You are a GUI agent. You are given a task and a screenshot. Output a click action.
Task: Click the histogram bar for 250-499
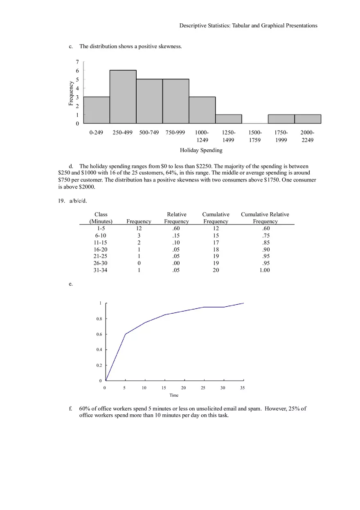coord(123,97)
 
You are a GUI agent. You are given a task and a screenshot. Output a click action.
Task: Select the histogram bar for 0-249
coord(97,110)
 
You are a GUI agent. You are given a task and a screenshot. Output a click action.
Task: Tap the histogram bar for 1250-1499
coord(228,119)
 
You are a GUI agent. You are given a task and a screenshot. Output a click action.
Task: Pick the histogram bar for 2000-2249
coord(308,119)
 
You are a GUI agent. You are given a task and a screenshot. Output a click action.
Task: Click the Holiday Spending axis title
coord(201,150)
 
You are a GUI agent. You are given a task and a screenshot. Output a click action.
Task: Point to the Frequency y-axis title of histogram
coord(71,94)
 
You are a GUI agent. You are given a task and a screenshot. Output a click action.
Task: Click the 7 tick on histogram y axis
coord(77,62)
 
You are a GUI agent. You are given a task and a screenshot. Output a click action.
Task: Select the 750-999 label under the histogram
coord(175,133)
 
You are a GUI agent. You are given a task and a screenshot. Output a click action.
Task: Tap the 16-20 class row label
coord(101,249)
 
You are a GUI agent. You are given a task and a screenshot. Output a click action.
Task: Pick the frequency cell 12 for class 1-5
coord(139,229)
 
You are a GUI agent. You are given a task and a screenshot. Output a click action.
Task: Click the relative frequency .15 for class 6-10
coord(176,236)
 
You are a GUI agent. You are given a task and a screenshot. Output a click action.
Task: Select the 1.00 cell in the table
coord(265,270)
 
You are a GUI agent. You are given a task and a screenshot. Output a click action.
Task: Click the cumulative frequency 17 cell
coord(216,243)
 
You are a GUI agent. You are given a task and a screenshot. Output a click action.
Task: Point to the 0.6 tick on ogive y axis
coord(99,334)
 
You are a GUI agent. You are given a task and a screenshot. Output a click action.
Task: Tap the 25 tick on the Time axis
coord(203,388)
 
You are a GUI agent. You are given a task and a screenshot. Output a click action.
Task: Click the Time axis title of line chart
coord(174,395)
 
